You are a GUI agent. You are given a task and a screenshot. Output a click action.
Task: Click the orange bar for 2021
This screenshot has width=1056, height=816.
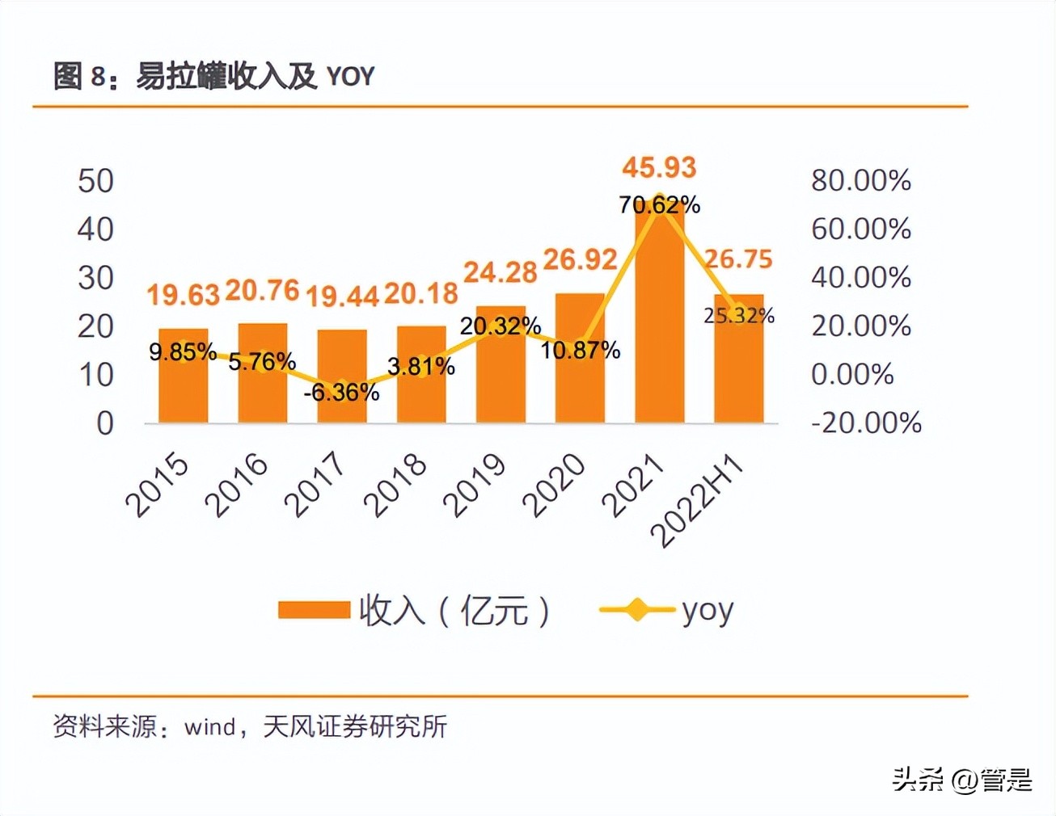(659, 323)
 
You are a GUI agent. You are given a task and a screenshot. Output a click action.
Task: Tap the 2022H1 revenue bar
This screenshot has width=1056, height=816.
(738, 364)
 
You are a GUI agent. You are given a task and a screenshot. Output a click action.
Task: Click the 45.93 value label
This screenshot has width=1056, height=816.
(659, 167)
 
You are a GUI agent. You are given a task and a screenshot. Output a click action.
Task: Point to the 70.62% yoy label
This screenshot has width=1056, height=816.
(659, 205)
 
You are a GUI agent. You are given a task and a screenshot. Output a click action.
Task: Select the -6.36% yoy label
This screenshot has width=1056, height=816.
(341, 393)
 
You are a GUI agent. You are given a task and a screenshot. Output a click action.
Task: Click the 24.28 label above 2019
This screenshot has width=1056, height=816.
(500, 272)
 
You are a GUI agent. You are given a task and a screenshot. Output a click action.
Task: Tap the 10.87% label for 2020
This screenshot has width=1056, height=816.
(580, 351)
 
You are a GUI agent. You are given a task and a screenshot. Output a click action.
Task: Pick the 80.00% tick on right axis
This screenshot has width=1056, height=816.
(861, 180)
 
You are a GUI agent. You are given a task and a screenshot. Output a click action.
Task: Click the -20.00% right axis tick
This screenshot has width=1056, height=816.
(866, 423)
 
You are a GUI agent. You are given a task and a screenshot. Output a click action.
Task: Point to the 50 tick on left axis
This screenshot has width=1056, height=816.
(95, 181)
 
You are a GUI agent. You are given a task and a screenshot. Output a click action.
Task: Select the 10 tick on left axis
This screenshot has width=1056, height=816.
(95, 375)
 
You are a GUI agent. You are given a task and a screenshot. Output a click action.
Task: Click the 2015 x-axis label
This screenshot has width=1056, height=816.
(157, 485)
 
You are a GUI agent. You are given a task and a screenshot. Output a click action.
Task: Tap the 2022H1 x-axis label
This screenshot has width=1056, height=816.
(697, 501)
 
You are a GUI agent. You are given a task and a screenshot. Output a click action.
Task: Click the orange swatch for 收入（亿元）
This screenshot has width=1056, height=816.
(314, 610)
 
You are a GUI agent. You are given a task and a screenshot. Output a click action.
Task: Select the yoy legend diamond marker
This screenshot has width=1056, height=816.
(637, 610)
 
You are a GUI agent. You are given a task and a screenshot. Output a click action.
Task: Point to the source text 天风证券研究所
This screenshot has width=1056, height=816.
(355, 726)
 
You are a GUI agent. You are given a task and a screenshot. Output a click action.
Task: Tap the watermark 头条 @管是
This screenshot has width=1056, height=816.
(962, 780)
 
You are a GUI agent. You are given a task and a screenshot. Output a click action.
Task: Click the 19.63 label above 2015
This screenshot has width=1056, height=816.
(183, 295)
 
